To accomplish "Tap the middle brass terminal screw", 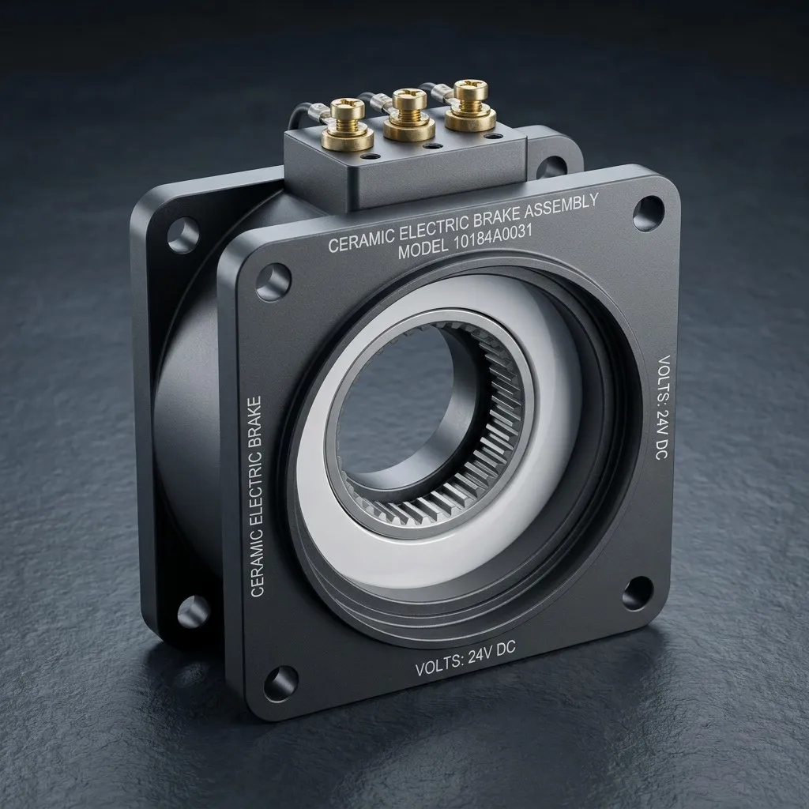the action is click(410, 115).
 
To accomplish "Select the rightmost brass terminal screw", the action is click(470, 106).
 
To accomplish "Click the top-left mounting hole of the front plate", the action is click(273, 282).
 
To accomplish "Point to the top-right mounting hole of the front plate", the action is click(649, 213).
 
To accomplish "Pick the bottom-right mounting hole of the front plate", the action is click(638, 593).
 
